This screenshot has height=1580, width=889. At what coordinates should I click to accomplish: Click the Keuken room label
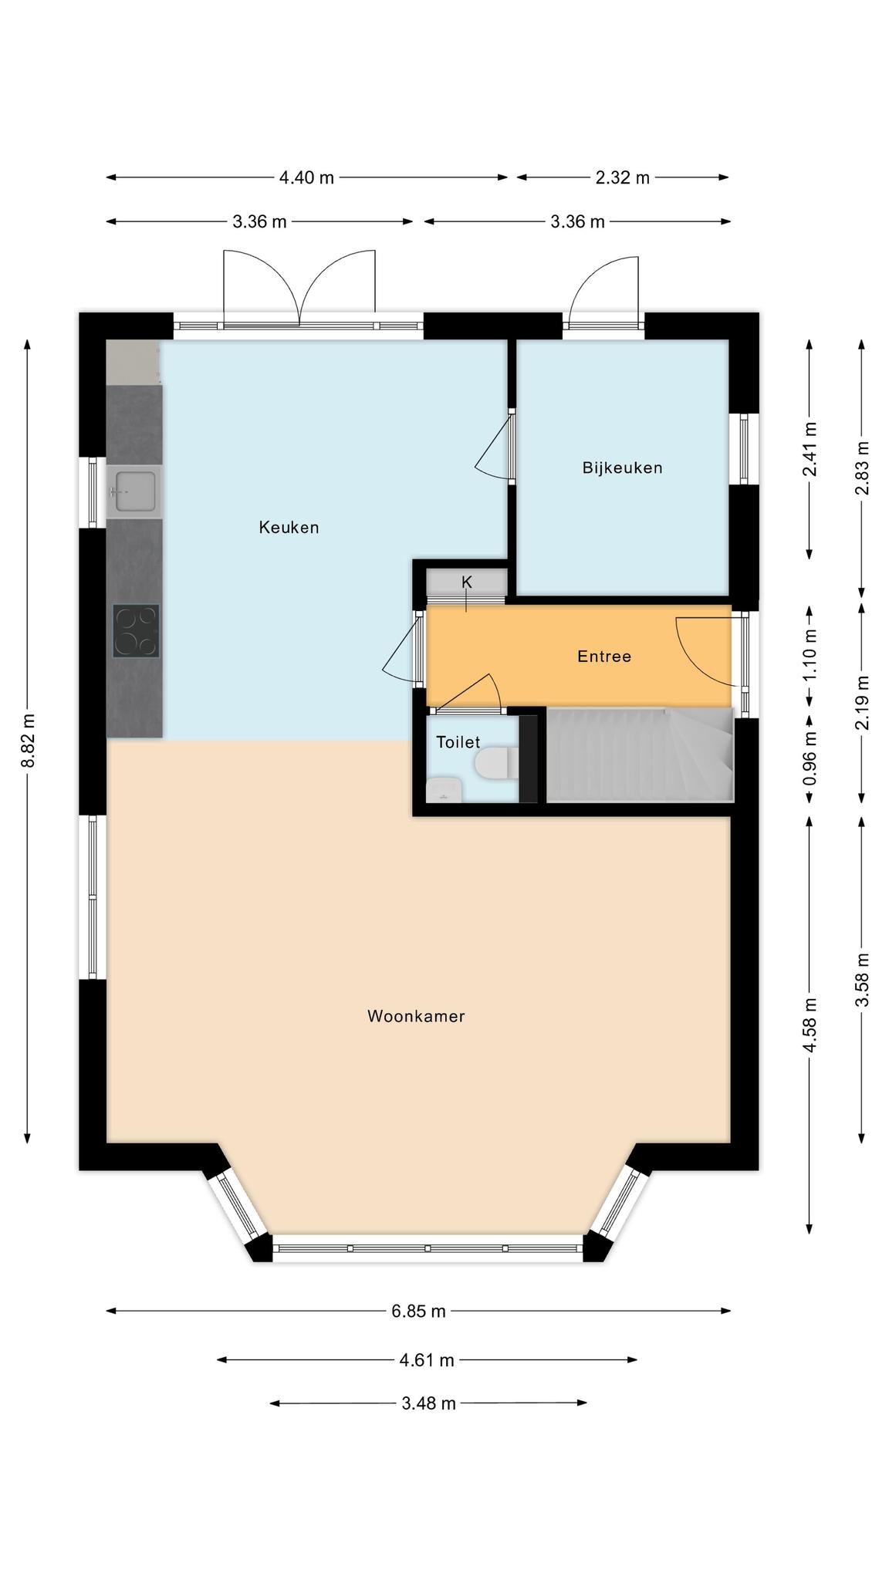click(x=289, y=528)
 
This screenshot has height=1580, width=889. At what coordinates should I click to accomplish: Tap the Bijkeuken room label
click(x=622, y=468)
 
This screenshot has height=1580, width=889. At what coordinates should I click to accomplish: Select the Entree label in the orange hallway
click(x=604, y=657)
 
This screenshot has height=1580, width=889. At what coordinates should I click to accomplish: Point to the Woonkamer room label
click(x=416, y=1016)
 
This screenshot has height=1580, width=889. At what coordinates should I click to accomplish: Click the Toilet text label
click(x=458, y=742)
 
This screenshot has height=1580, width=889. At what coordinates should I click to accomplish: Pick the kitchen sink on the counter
click(x=134, y=491)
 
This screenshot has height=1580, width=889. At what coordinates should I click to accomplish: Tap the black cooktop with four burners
click(x=136, y=631)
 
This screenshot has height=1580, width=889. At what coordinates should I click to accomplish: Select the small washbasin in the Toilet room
click(x=444, y=790)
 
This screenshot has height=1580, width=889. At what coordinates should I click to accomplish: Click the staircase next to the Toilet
click(x=640, y=755)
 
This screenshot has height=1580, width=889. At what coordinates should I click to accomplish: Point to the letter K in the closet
click(x=466, y=582)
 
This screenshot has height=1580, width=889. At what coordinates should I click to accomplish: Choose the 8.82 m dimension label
click(x=28, y=741)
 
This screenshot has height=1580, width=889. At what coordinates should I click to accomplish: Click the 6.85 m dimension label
click(x=418, y=1311)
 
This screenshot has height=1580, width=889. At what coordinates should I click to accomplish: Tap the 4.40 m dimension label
click(x=306, y=177)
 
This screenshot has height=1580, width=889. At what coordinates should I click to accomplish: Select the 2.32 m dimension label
click(x=623, y=177)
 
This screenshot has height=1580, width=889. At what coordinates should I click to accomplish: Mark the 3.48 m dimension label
click(x=428, y=1403)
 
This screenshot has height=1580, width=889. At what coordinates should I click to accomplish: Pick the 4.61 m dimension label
click(x=427, y=1360)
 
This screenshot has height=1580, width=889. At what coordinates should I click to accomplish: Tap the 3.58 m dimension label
click(x=862, y=980)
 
